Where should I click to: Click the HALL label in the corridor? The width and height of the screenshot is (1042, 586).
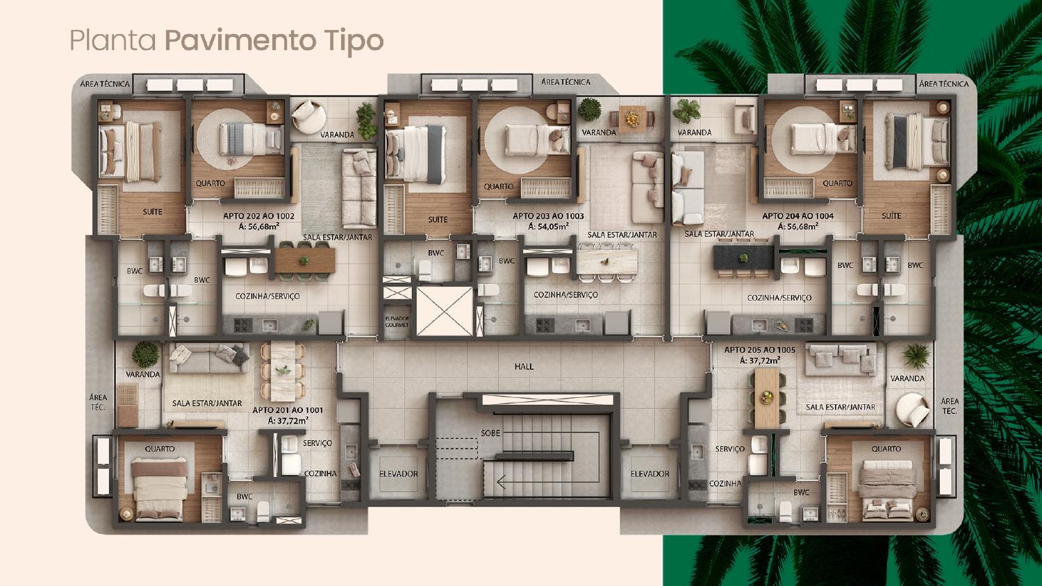(524, 366)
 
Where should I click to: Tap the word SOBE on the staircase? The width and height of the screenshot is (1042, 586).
(490, 433)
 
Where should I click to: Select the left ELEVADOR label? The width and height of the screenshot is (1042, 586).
(399, 474)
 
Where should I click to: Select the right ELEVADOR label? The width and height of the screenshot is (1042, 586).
(650, 474)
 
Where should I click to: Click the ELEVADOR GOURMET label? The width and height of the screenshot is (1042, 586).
(397, 321)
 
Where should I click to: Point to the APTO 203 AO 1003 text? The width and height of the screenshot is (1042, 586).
(548, 216)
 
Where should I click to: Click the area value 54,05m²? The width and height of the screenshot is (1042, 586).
(548, 226)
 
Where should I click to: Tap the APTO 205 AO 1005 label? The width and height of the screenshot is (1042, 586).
(760, 350)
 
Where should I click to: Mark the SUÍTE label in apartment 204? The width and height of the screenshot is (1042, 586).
(891, 216)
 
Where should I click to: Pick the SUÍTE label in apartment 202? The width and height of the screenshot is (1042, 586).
(153, 211)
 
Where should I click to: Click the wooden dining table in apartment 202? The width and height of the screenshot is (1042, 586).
(304, 260)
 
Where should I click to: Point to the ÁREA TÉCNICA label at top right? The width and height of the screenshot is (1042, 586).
(943, 84)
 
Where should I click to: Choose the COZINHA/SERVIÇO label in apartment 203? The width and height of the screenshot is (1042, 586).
(565, 294)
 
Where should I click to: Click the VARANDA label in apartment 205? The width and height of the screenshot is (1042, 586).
(907, 378)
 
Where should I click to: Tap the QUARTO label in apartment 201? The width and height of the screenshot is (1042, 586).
(160, 449)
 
